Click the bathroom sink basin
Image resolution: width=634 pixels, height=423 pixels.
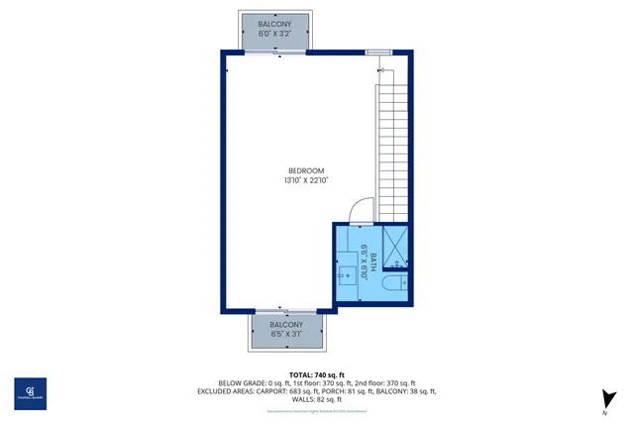click(x=348, y=274)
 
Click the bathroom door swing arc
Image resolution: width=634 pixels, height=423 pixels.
click(x=361, y=210)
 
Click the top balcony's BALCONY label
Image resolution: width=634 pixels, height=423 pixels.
click(x=274, y=23)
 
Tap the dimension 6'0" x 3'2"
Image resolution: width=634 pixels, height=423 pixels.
click(x=274, y=34)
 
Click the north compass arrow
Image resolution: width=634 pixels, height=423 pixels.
click(x=603, y=399)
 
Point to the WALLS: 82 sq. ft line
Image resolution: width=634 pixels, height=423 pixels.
click(x=317, y=399)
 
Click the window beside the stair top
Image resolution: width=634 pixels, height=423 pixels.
click(x=377, y=52)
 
